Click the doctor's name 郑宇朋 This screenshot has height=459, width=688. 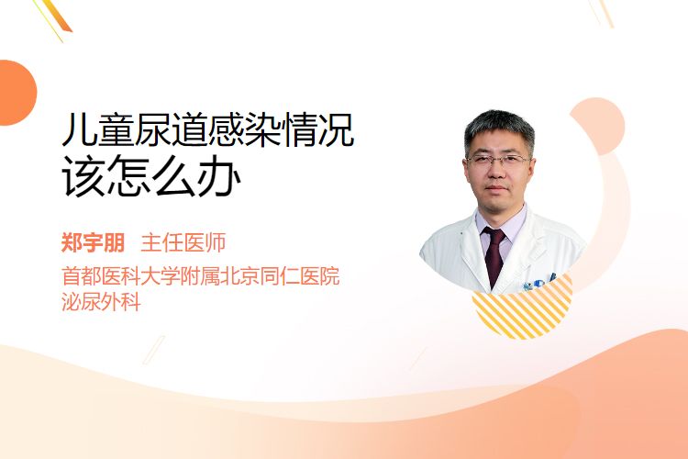[x=93, y=242]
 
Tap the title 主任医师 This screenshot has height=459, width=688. [x=183, y=242]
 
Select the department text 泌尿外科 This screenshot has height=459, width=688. [x=101, y=302]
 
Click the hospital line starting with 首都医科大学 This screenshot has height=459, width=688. [x=201, y=276]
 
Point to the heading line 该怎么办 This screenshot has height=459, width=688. [x=151, y=176]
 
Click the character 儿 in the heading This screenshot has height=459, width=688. [x=79, y=129]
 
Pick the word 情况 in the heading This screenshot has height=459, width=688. [x=318, y=129]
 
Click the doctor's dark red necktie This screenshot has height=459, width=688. [x=494, y=255]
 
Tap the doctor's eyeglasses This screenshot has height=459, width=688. [x=497, y=160]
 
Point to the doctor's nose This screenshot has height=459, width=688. [x=496, y=170]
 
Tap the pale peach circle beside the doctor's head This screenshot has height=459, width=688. [x=597, y=126]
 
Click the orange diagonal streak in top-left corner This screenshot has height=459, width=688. [x=56, y=16]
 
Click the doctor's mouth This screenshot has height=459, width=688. [x=496, y=188]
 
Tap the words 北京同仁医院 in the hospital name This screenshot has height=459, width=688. [x=280, y=276]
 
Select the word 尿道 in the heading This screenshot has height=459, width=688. [x=171, y=129]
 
